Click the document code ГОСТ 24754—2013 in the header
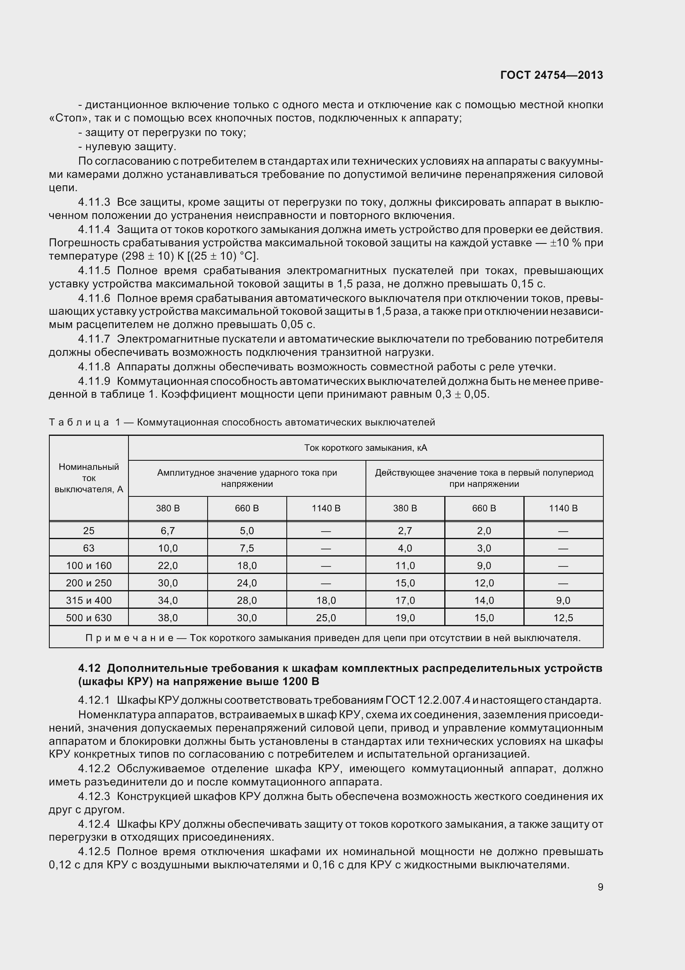551,75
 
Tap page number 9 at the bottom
600,887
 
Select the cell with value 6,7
167,531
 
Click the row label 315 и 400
89,600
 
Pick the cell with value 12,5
563,618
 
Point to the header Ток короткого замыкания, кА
365,448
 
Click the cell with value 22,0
167,566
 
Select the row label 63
89,548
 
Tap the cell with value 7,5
247,548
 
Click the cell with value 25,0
326,618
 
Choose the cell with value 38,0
167,618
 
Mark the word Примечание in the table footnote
129,638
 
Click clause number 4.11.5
94,270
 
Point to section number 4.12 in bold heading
89,669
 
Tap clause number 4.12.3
94,796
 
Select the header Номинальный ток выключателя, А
89,478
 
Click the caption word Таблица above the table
79,422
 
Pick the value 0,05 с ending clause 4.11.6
298,324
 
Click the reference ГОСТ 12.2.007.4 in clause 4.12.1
428,700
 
